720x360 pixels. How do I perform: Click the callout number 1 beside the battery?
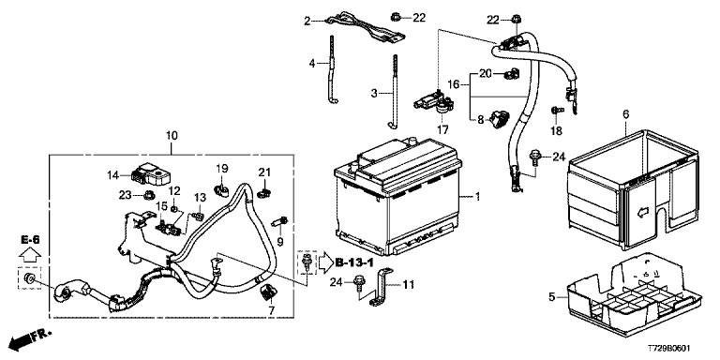(477, 197)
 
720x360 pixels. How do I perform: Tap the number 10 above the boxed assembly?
(172, 136)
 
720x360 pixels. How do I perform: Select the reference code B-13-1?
(355, 262)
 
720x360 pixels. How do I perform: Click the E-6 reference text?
(30, 239)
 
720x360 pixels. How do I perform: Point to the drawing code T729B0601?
(669, 349)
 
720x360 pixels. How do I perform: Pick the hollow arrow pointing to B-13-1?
(325, 262)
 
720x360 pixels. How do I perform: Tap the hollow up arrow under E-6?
(30, 253)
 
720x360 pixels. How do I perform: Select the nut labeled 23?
(149, 196)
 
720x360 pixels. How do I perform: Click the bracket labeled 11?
(382, 288)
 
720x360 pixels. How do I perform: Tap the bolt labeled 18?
(557, 111)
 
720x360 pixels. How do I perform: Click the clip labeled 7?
(267, 292)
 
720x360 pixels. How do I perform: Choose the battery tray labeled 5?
(635, 293)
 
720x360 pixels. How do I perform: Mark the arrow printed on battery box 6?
(643, 212)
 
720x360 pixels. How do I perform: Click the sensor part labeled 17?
(433, 104)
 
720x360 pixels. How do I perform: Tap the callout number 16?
(454, 84)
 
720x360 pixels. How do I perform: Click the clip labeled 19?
(221, 189)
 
